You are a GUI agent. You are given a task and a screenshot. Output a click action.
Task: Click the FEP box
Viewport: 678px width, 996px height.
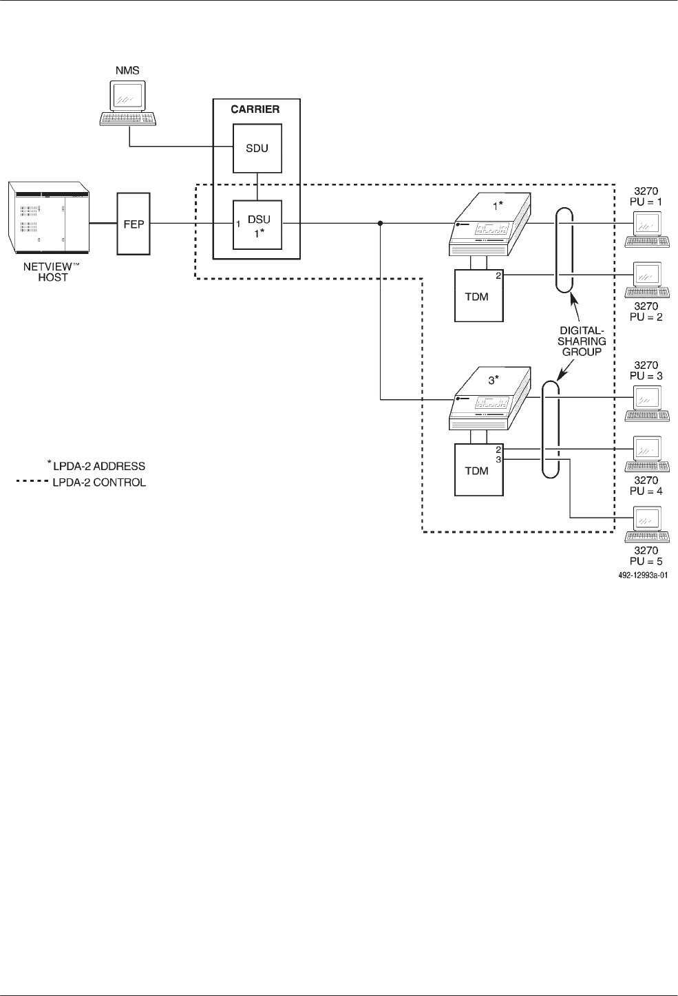click(x=134, y=224)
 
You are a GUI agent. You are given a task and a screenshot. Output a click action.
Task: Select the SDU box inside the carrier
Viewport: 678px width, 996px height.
click(x=257, y=149)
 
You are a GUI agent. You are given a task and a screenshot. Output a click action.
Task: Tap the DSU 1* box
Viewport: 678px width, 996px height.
click(x=257, y=224)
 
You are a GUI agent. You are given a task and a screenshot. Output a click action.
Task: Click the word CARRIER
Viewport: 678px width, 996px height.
click(x=256, y=109)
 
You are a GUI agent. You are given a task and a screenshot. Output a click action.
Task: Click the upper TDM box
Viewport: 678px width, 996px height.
click(x=478, y=295)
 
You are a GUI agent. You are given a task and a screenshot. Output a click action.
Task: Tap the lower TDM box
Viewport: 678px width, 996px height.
click(x=478, y=470)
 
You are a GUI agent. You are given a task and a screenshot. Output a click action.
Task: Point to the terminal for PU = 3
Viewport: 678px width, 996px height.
click(x=647, y=403)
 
